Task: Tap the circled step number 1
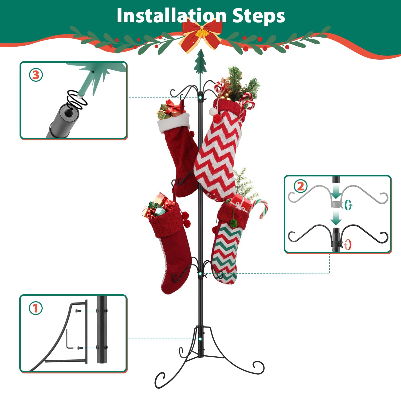[36, 308]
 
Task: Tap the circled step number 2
[300, 186]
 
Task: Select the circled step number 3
[36, 75]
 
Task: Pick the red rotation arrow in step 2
[348, 244]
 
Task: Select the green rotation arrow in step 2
[348, 205]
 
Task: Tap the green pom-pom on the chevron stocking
[234, 222]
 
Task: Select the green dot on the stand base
[200, 339]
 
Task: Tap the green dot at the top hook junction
[200, 97]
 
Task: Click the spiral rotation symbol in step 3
[77, 99]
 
